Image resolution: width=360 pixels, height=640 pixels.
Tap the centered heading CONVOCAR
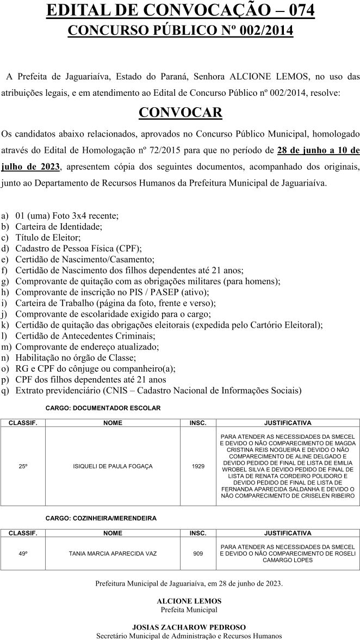pyautogui.click(x=180, y=113)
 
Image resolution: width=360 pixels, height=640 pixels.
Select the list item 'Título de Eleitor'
pyautogui.click(x=48, y=237)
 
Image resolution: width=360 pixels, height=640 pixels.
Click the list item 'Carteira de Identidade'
pyautogui.click(x=59, y=226)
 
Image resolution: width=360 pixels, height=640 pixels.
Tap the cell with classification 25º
pyautogui.click(x=23, y=466)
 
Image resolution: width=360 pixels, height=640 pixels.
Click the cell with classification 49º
pyautogui.click(x=23, y=553)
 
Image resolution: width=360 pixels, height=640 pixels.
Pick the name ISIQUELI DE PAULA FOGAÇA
pyautogui.click(x=113, y=466)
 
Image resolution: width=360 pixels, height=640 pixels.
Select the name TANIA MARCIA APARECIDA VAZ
pyautogui.click(x=113, y=553)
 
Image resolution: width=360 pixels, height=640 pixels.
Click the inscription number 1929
pyautogui.click(x=198, y=466)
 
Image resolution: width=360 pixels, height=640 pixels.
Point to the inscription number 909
pyautogui.click(x=198, y=553)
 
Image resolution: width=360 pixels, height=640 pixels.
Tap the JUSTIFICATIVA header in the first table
pyautogui.click(x=287, y=422)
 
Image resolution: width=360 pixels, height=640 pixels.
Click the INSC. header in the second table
pyautogui.click(x=198, y=533)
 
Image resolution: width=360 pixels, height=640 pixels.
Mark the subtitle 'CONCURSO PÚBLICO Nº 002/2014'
pyautogui.click(x=180, y=30)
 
